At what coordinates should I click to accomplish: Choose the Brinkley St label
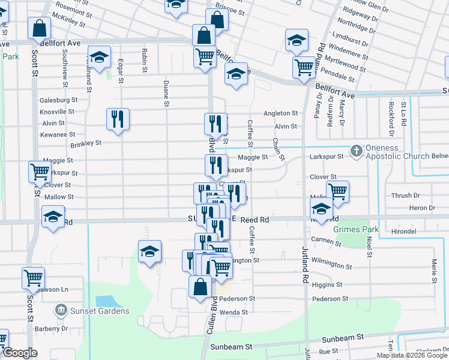point(86,143)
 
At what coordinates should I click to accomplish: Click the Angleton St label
point(280,113)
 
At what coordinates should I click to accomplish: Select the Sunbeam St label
point(231,347)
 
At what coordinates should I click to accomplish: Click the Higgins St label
point(327,284)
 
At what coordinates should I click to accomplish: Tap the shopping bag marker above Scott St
point(39,28)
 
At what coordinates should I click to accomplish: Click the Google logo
point(20,353)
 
